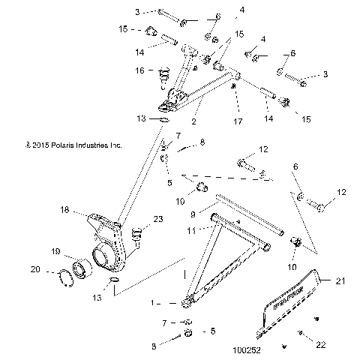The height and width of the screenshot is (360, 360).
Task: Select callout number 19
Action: point(55,251)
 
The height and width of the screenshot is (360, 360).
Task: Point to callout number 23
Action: point(157,220)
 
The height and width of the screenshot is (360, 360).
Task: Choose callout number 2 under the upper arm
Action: point(195,120)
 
